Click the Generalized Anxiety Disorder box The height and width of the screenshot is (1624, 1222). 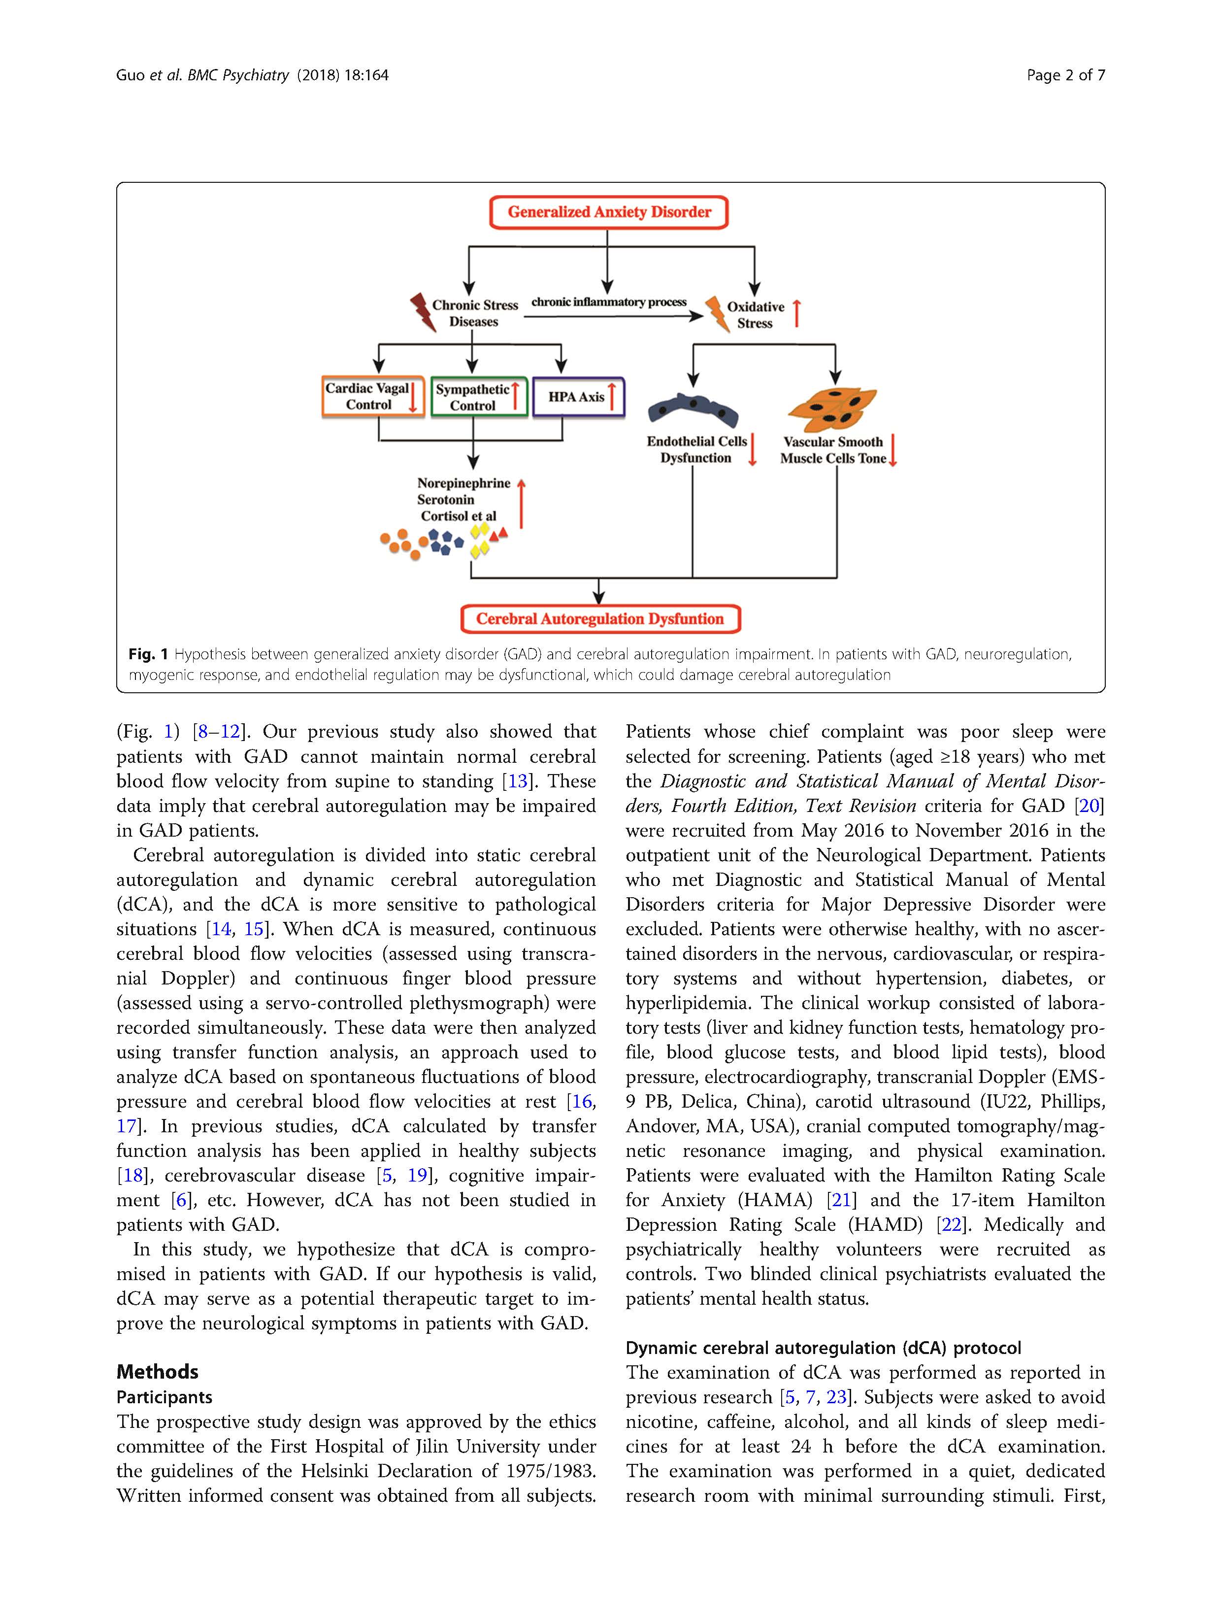click(608, 212)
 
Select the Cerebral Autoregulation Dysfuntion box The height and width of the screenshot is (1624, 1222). click(599, 619)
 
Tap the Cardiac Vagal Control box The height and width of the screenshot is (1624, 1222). click(373, 397)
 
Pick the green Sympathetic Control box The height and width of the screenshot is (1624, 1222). click(479, 397)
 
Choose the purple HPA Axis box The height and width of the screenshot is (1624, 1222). click(578, 397)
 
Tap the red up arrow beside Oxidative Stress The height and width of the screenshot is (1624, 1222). click(796, 313)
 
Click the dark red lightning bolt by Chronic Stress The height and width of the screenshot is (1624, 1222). click(422, 312)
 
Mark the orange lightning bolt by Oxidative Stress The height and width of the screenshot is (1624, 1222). click(716, 313)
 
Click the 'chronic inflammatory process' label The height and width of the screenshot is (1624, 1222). click(608, 302)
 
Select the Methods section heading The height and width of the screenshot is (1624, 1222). click(157, 1371)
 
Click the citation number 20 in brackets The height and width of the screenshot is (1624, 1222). click(1089, 806)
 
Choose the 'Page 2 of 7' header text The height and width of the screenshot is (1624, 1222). click(1065, 75)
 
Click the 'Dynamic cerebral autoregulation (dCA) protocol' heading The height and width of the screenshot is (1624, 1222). click(823, 1348)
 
